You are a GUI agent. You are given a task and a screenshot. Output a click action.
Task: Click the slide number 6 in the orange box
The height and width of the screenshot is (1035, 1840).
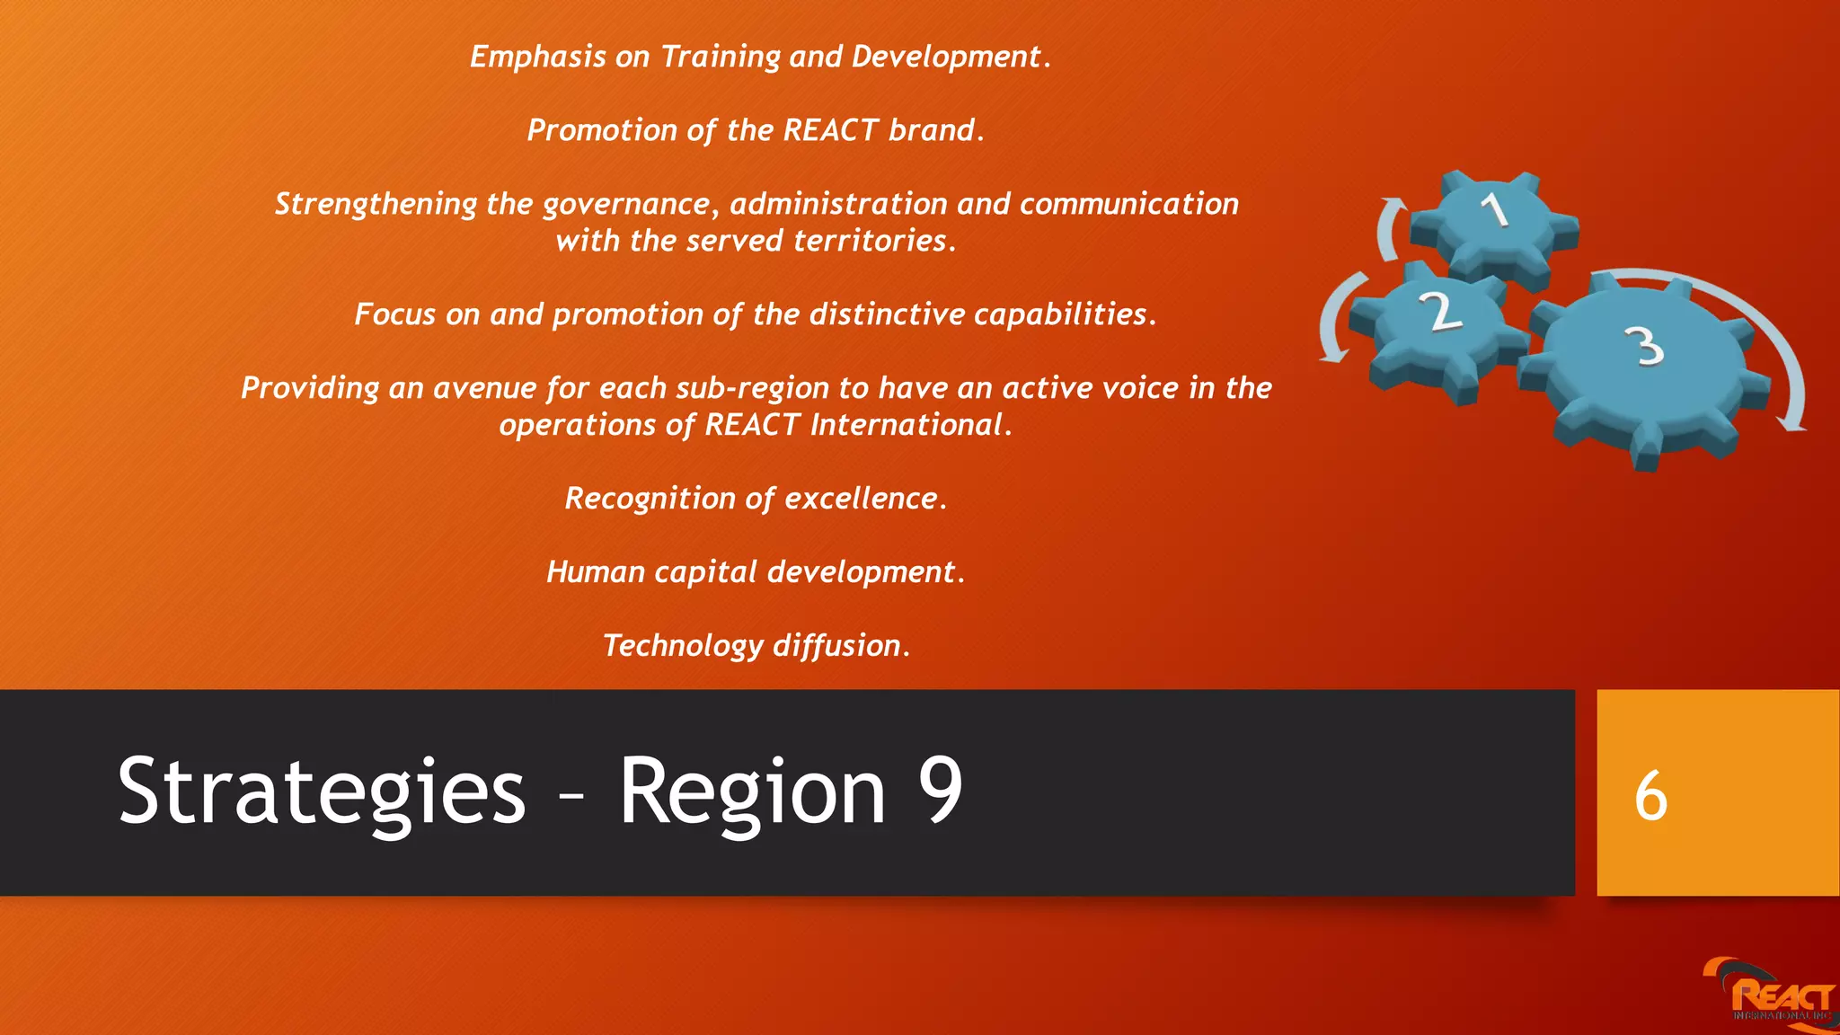point(1651,796)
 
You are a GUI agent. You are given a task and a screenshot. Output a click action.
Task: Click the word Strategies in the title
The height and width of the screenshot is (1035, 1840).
point(321,792)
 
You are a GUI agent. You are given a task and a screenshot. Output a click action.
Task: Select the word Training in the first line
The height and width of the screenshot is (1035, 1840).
point(721,57)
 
